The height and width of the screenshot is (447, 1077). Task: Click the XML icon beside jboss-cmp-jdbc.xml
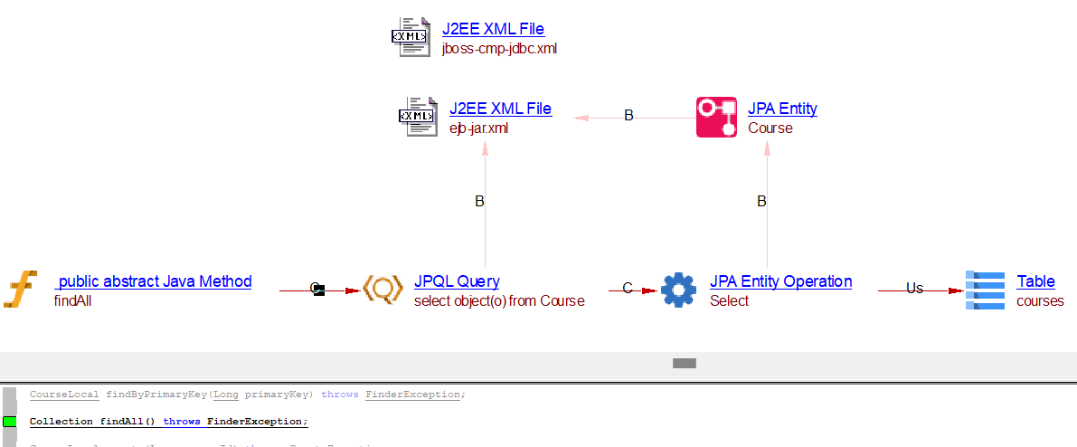tap(410, 37)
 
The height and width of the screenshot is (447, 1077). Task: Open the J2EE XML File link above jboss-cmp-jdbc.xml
tap(493, 29)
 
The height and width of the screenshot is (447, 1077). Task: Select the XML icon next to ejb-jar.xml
tap(417, 117)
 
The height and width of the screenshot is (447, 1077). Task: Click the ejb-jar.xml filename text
tap(478, 128)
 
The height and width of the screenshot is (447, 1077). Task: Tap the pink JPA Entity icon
tap(716, 118)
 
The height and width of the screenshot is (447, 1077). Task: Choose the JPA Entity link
tap(782, 109)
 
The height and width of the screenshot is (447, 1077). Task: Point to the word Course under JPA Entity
tap(770, 128)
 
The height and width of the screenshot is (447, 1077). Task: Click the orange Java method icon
tap(20, 290)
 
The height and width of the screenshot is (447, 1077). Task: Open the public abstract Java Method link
tap(153, 281)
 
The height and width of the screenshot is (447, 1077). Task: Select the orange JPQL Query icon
tap(383, 290)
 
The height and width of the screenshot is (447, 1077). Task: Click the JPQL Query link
tap(457, 281)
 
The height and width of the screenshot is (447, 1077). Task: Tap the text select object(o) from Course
tap(499, 301)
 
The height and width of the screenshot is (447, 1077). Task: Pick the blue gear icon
tap(678, 290)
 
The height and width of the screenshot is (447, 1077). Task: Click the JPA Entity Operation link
tap(780, 281)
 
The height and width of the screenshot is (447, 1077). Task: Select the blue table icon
tap(985, 290)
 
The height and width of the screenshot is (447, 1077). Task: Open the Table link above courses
tap(1035, 281)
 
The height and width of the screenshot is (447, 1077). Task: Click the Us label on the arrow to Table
tap(914, 289)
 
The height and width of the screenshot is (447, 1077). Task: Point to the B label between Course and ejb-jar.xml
tap(629, 116)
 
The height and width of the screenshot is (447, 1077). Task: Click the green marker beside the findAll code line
tap(10, 422)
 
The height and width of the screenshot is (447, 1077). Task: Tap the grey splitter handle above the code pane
tap(685, 363)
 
